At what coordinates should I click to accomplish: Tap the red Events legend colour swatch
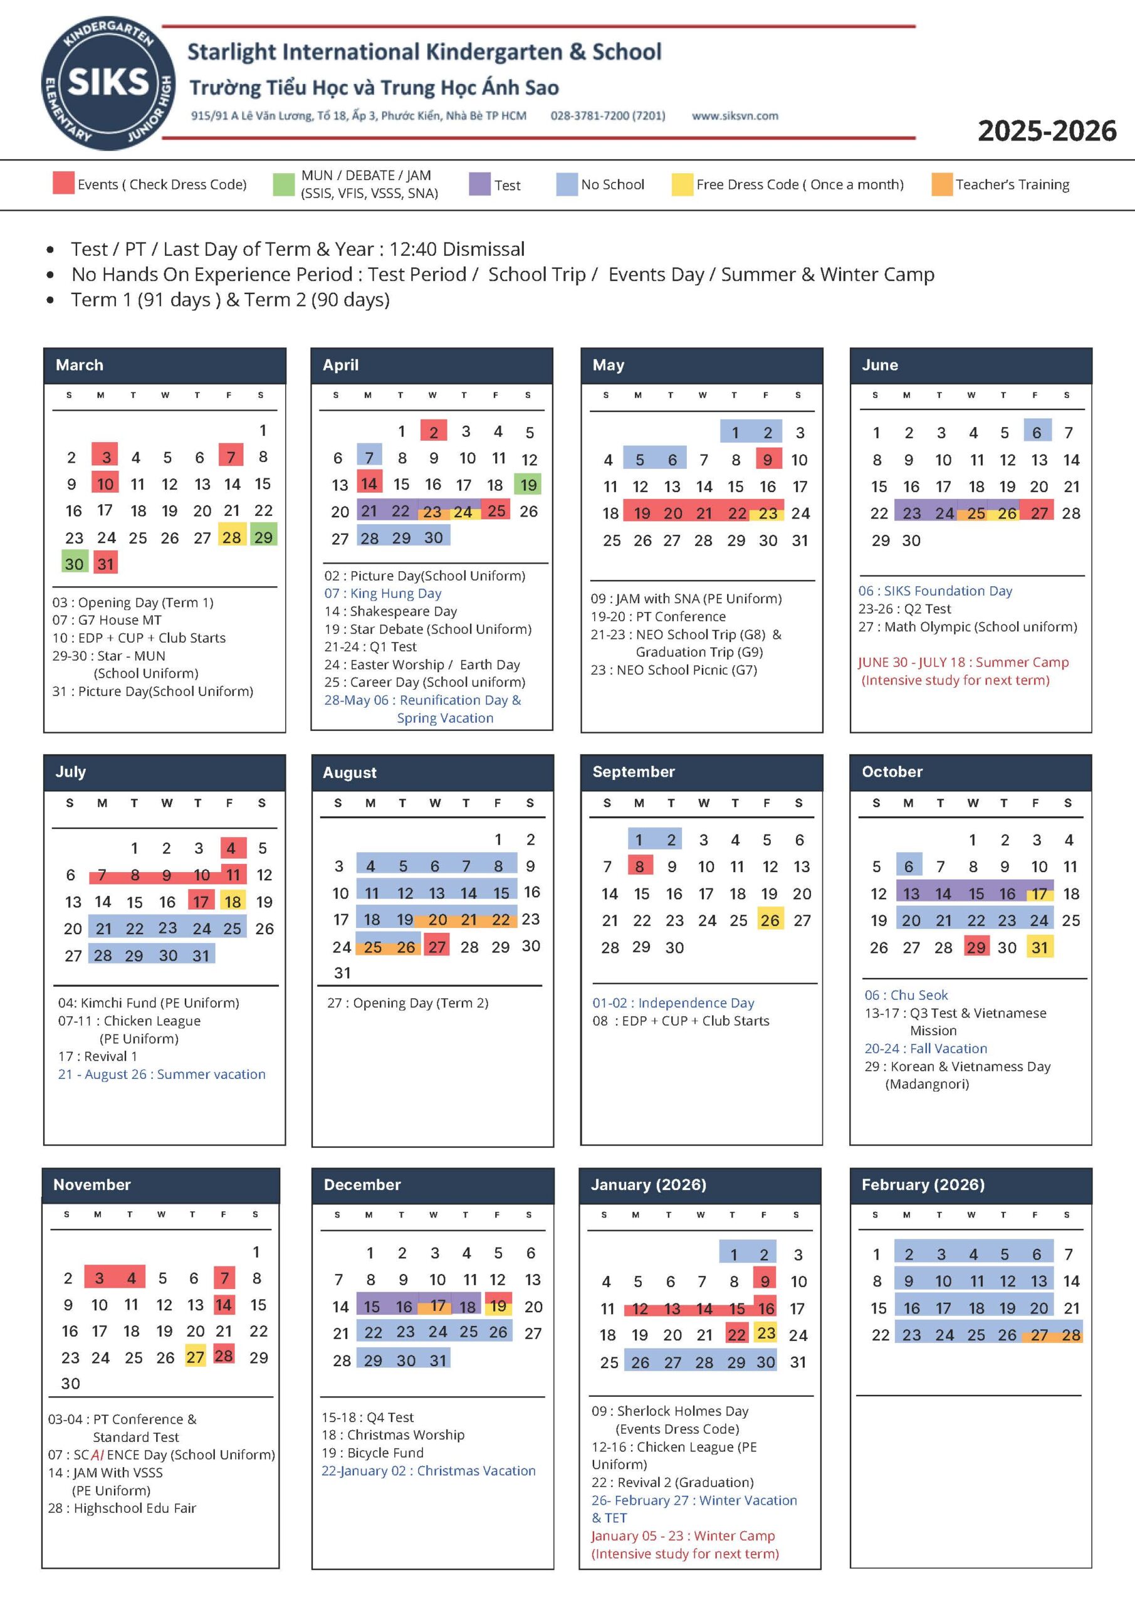click(x=63, y=183)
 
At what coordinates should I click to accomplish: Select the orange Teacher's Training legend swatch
click(x=941, y=184)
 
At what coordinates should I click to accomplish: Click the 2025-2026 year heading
click(x=1046, y=132)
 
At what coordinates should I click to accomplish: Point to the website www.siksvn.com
click(x=735, y=116)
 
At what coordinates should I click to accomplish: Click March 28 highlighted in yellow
click(x=231, y=537)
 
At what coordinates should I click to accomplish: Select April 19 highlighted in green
click(x=528, y=485)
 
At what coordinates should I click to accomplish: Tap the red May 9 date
click(x=767, y=460)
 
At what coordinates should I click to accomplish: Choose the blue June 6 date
click(x=1037, y=432)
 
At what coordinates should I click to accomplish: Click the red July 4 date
click(x=231, y=848)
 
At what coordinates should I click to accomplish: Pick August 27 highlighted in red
click(x=437, y=947)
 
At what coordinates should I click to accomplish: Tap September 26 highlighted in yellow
click(x=770, y=920)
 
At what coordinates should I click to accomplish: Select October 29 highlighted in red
click(x=976, y=947)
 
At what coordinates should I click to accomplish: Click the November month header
click(x=92, y=1184)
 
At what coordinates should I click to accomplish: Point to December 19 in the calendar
click(x=498, y=1306)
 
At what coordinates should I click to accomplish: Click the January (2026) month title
click(x=649, y=1184)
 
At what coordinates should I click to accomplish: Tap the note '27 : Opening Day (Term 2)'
click(x=407, y=1002)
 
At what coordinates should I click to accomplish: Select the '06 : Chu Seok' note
click(x=906, y=995)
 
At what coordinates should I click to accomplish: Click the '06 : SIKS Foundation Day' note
click(x=934, y=591)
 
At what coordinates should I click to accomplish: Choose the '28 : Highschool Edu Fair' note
click(x=122, y=1508)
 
